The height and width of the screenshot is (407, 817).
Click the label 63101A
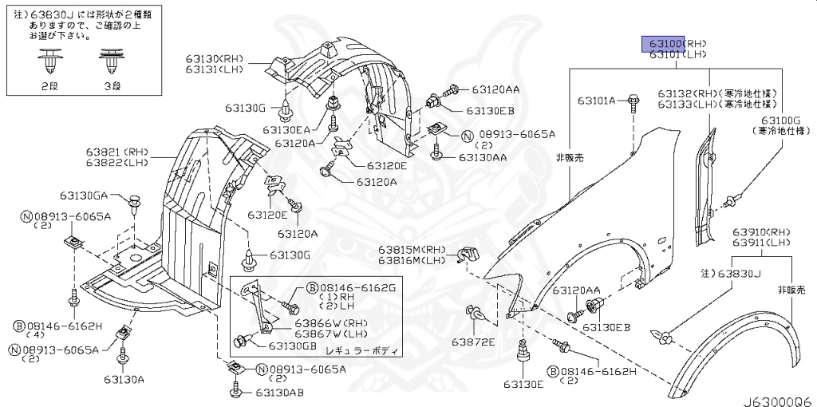(598, 101)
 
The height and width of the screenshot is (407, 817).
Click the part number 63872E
(473, 342)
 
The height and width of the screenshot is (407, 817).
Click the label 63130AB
(280, 393)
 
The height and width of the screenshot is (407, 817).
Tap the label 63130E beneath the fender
(523, 385)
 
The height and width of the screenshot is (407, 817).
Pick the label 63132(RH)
(687, 93)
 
